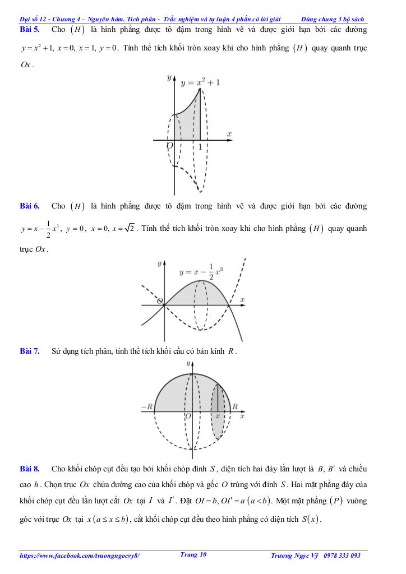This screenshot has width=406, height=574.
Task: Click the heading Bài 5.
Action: (29, 29)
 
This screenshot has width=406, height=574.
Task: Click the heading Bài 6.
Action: (29, 206)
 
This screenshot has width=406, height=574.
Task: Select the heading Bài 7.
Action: (29, 351)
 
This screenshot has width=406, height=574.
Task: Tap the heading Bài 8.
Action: (29, 468)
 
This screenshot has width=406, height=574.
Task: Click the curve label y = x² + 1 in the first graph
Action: (200, 82)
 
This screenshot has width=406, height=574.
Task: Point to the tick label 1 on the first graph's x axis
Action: (200, 147)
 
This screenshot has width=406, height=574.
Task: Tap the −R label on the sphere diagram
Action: (146, 406)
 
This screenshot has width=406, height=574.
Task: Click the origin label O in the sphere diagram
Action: (188, 416)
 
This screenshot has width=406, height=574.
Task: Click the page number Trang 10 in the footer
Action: (193, 554)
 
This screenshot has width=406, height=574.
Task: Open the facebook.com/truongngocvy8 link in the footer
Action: (80, 556)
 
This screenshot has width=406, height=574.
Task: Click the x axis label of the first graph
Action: (229, 134)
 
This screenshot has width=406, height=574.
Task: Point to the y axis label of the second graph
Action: (160, 262)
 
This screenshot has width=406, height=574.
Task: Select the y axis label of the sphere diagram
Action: (187, 364)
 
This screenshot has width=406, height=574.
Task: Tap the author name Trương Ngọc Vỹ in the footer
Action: (294, 556)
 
